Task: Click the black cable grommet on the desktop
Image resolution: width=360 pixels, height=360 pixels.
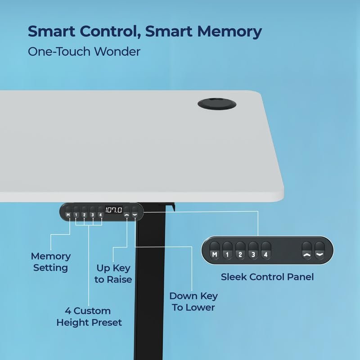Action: (217, 104)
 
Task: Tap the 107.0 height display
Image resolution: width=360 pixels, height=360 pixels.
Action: (114, 210)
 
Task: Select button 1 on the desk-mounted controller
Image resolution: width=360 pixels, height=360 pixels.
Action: (76, 212)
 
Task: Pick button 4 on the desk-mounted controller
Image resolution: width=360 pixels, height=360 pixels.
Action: (100, 212)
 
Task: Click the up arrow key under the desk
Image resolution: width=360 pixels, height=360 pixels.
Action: (127, 212)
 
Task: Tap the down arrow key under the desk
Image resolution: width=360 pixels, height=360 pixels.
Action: (135, 212)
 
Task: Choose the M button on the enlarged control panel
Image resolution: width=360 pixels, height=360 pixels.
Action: (215, 251)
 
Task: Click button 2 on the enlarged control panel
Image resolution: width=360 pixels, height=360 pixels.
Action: (240, 251)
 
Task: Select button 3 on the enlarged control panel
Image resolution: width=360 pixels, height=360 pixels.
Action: (253, 251)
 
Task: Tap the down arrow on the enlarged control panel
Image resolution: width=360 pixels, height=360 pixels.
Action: (320, 251)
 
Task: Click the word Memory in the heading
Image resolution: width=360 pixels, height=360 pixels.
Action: (229, 31)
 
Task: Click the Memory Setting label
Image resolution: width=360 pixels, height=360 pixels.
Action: (51, 262)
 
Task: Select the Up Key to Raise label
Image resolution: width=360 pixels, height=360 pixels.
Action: (113, 274)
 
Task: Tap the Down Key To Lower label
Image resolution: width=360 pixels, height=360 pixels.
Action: (193, 301)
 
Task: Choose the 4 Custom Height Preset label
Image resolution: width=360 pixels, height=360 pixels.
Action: (89, 317)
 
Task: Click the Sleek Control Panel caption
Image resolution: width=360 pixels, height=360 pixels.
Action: (267, 277)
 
